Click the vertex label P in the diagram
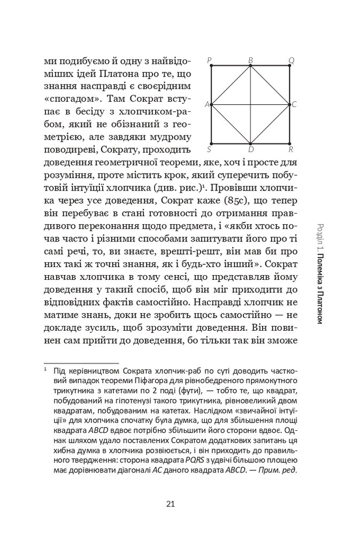pyautogui.click(x=208, y=59)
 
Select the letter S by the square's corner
pyautogui.click(x=208, y=148)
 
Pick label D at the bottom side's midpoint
pyautogui.click(x=250, y=148)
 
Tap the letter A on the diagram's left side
pyautogui.click(x=207, y=104)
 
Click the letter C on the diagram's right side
pyautogui.click(x=294, y=104)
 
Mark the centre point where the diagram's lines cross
pyautogui.click(x=251, y=104)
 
